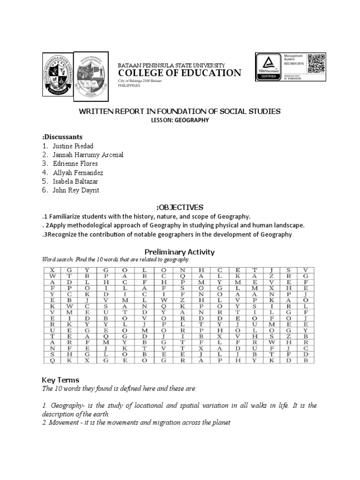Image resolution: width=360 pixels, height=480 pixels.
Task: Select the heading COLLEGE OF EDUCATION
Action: (179, 73)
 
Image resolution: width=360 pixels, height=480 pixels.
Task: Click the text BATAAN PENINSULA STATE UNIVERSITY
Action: (171, 65)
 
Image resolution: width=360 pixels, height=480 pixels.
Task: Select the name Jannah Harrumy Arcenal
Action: (88, 155)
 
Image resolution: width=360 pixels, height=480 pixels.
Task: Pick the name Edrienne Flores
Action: (75, 164)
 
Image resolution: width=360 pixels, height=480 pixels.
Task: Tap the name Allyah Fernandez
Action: (78, 172)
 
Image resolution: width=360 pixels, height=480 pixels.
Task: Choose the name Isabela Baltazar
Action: (76, 181)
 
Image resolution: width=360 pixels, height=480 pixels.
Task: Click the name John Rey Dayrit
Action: (76, 190)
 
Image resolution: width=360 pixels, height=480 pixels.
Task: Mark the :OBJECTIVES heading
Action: (180, 207)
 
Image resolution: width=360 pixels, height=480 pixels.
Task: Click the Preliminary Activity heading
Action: (180, 252)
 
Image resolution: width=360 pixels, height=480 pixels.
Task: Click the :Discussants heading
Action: (62, 137)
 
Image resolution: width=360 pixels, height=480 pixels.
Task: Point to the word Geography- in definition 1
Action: (66, 405)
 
